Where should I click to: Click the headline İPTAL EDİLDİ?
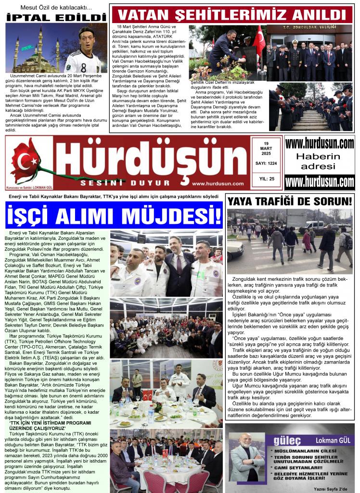click(56, 17)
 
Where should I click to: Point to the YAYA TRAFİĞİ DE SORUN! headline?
click(290, 201)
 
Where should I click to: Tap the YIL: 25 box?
click(266, 179)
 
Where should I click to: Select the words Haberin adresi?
click(320, 161)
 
